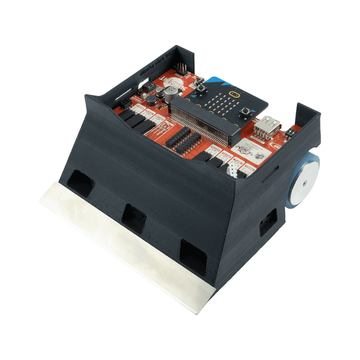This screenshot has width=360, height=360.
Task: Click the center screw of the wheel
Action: [x=305, y=183]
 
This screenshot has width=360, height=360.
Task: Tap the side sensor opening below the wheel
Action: [x=268, y=222]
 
